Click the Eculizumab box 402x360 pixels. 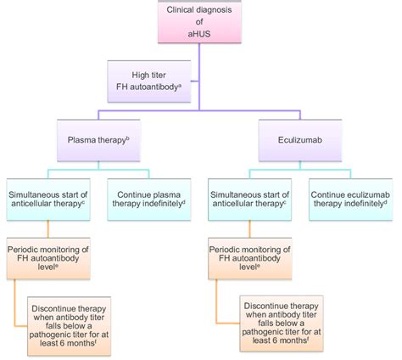(x=296, y=139)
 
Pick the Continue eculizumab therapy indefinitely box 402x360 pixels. (x=350, y=199)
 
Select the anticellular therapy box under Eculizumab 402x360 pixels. (x=251, y=199)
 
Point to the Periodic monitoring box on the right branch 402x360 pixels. (x=251, y=258)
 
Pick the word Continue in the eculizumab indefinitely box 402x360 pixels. (x=332, y=193)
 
